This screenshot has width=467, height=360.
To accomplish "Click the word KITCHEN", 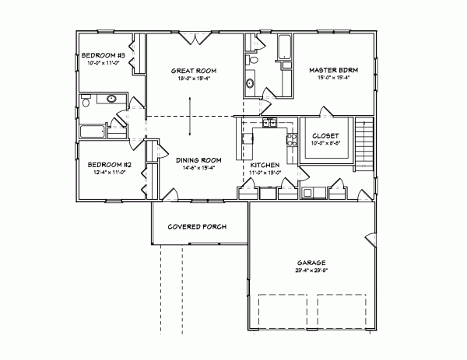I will (x=265, y=165).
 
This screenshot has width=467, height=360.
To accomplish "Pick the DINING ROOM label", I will (x=193, y=159).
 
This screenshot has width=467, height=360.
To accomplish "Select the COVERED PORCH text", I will (x=197, y=227).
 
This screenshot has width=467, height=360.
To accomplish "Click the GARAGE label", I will (x=311, y=263).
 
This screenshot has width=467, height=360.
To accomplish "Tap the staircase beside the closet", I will (x=363, y=144).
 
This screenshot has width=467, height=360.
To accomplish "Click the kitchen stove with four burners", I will (x=292, y=141).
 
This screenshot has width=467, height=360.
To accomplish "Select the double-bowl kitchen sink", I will (x=269, y=122).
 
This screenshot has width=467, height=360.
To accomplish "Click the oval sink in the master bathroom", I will (x=251, y=82).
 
